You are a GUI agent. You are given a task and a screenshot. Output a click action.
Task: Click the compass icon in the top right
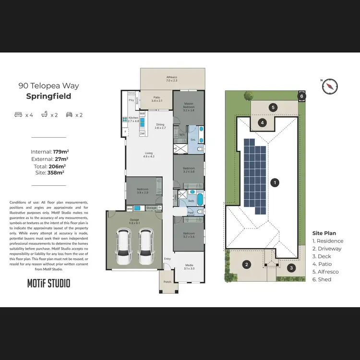click(329, 86)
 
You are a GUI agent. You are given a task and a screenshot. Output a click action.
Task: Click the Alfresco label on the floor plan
click(172, 78)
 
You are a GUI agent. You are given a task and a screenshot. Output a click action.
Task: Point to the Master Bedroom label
click(188, 108)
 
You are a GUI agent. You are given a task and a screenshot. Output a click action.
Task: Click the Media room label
click(189, 266)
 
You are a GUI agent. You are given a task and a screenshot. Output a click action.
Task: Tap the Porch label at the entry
click(168, 282)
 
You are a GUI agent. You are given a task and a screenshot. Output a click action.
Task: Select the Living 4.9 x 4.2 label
click(149, 154)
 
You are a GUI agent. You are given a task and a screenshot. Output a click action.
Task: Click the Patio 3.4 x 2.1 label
click(156, 98)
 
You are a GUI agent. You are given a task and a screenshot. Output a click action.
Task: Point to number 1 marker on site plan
click(275, 182)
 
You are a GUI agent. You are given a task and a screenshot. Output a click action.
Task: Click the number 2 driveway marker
click(246, 264)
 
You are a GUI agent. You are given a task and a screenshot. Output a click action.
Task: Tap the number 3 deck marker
click(291, 268)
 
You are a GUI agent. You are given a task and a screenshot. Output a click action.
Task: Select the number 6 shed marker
click(301, 96)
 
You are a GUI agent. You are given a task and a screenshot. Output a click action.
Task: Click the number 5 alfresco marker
click(273, 108)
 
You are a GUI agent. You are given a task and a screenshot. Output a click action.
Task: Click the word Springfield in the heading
click(48, 96)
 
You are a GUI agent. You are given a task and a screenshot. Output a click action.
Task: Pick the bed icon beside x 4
click(18, 115)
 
